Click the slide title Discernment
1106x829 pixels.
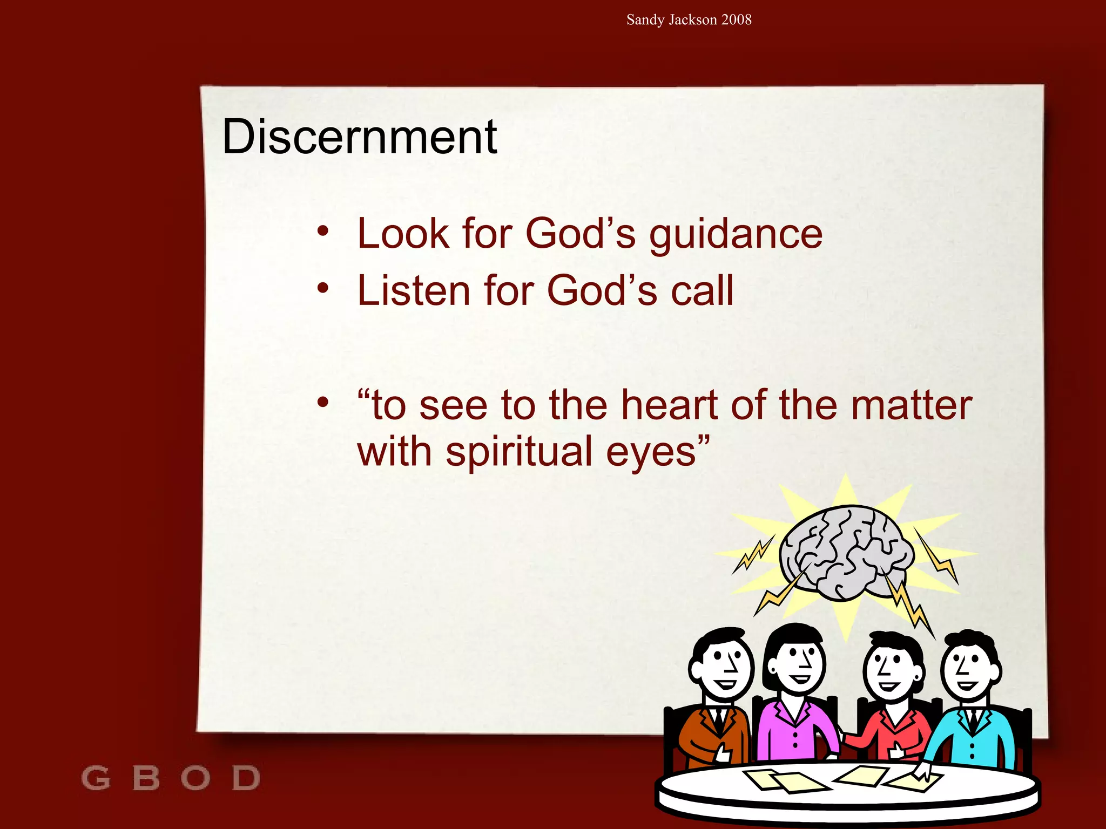click(359, 137)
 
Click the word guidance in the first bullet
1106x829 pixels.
click(736, 235)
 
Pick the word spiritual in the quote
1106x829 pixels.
click(519, 452)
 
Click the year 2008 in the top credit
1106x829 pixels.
click(736, 20)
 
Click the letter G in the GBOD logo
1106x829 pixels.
click(96, 778)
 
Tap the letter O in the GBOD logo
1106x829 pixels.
click(195, 778)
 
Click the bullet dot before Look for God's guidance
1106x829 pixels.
click(323, 232)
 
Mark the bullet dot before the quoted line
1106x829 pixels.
click(323, 402)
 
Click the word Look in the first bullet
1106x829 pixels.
click(403, 234)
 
